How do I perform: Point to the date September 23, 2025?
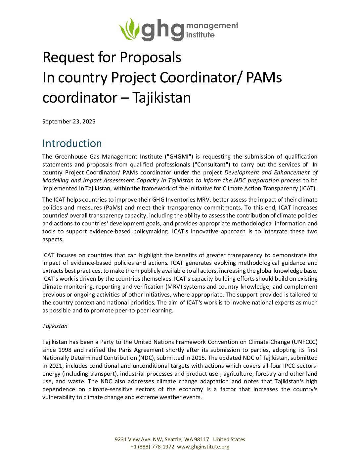click(69, 121)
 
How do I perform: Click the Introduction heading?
click(72, 143)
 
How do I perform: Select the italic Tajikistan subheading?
click(55, 326)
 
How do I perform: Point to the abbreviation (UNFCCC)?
click(304, 342)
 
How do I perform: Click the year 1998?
click(65, 350)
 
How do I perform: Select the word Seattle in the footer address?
click(173, 439)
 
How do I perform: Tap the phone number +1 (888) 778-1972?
click(152, 446)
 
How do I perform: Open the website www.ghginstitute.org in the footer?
click(203, 446)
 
